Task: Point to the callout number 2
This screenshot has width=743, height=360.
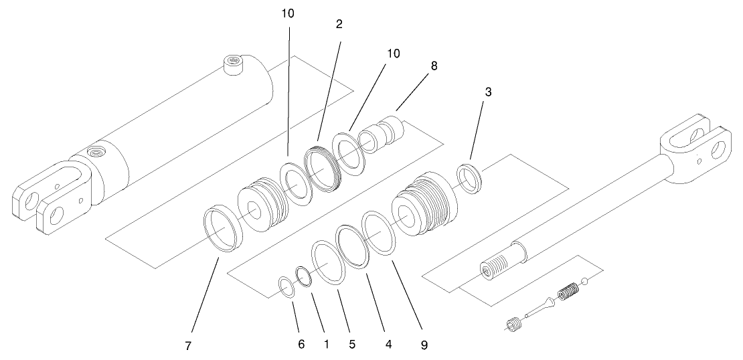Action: point(339,25)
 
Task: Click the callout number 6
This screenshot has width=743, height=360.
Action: point(301,345)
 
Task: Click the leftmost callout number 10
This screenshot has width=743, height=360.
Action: point(288,14)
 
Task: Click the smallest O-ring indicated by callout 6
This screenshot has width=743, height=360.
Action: point(286,289)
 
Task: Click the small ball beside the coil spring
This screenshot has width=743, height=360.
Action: point(585,280)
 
